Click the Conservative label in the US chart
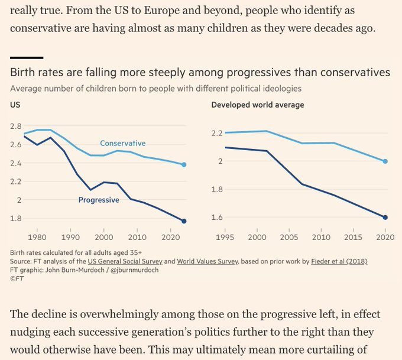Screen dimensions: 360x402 pyautogui.click(x=122, y=143)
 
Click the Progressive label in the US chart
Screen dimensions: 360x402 pyautogui.click(x=99, y=200)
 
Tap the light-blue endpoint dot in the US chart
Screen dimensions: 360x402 pyautogui.click(x=184, y=164)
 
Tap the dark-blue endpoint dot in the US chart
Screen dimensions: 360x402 pyautogui.click(x=184, y=221)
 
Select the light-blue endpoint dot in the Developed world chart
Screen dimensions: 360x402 pyautogui.click(x=385, y=161)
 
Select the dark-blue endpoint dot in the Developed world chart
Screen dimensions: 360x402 pyautogui.click(x=385, y=218)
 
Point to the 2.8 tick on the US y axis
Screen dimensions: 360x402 pyautogui.click(x=16, y=126)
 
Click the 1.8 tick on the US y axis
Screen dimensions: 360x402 pyautogui.click(x=16, y=218)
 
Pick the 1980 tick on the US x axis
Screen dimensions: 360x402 pyautogui.click(x=37, y=236)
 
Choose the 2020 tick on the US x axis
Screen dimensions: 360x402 pyautogui.click(x=170, y=236)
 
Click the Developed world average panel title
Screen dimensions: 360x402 pyautogui.click(x=258, y=105)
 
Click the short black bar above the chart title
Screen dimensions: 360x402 pyautogui.click(x=27, y=57)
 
